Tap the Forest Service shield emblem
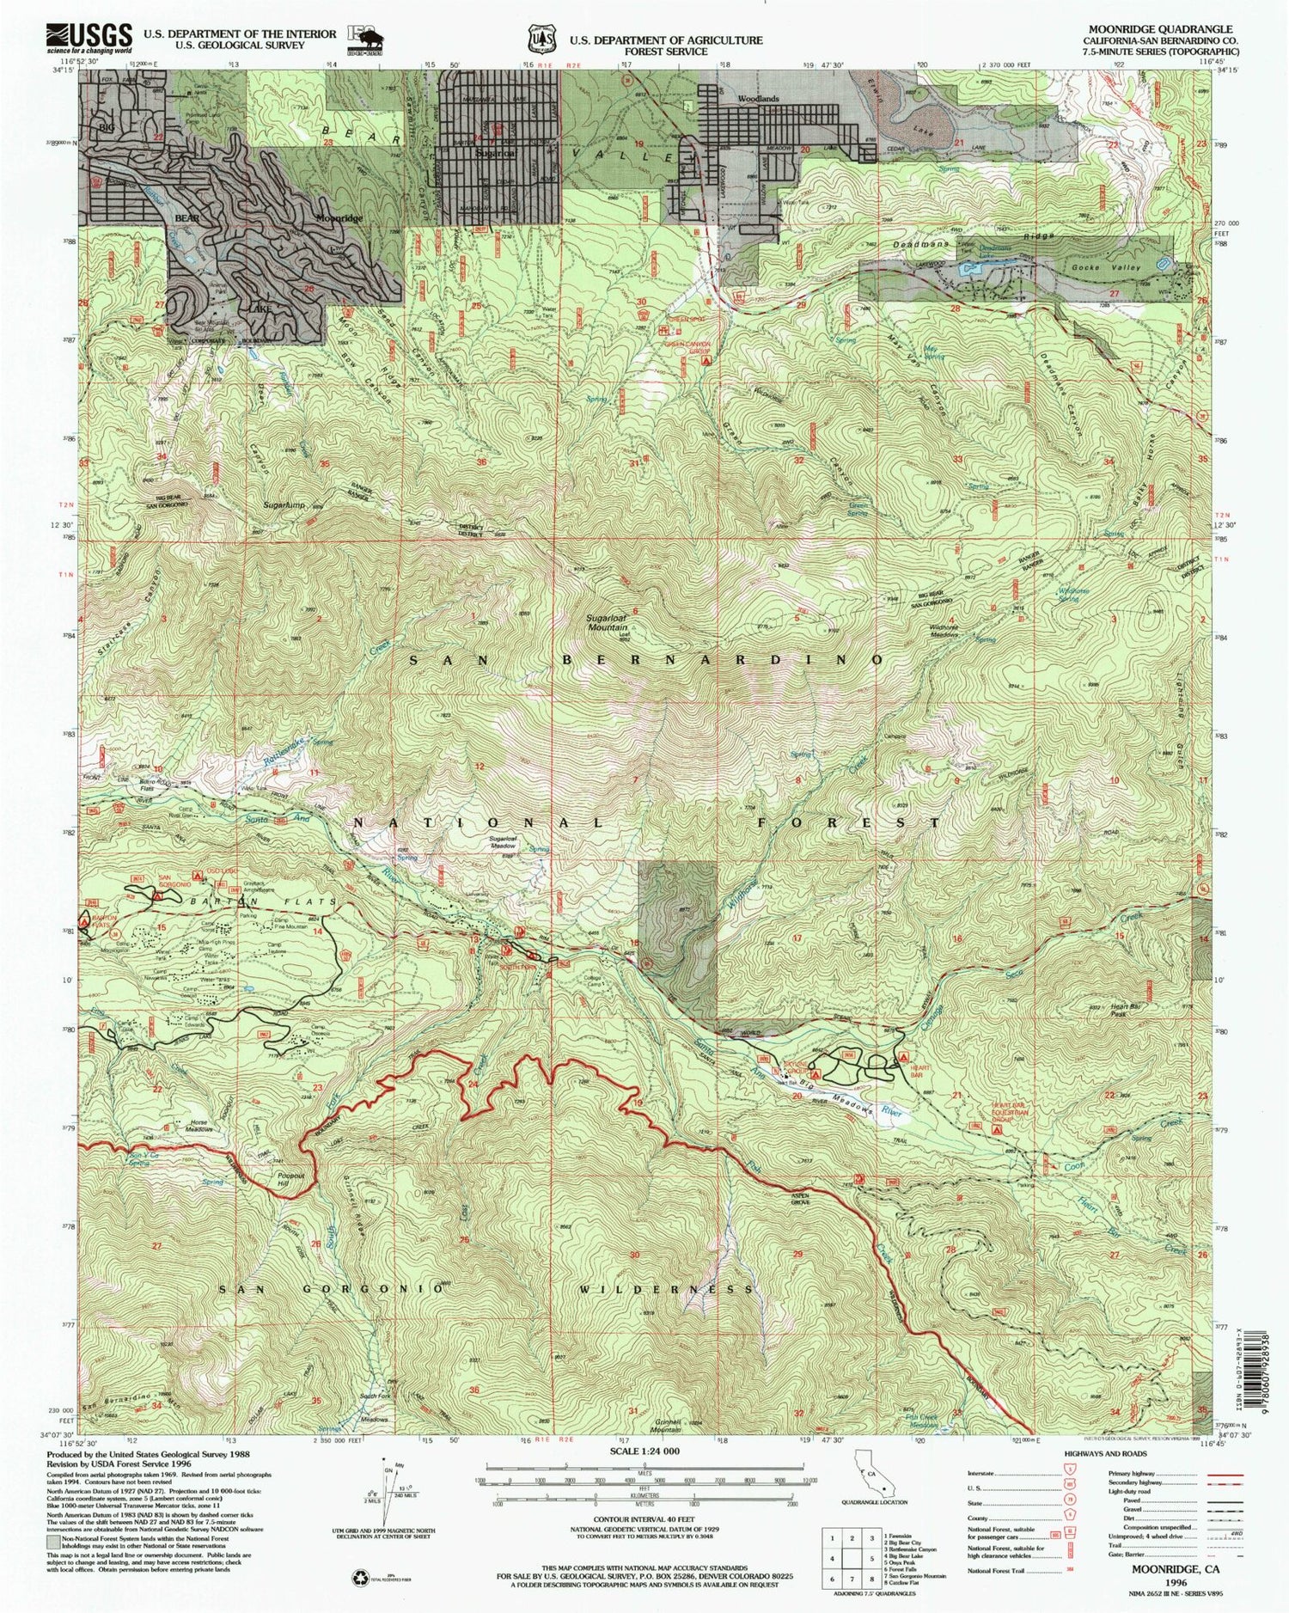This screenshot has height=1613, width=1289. (x=541, y=40)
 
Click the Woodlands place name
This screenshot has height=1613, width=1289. (x=757, y=100)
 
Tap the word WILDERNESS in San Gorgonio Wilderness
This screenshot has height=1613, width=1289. (x=666, y=1289)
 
